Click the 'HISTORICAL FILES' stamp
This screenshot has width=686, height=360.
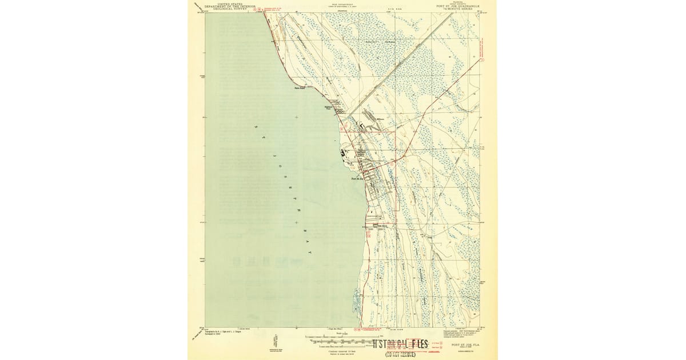click(400, 344)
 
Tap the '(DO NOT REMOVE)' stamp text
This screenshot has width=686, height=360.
click(400, 354)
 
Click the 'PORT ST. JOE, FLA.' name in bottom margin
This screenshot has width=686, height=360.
click(465, 345)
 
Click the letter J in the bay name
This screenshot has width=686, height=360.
click(274, 155)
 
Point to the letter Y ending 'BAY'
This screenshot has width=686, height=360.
click(310, 251)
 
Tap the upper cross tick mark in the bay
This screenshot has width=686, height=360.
click(296, 117)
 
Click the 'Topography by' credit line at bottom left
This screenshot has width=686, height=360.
click(222, 333)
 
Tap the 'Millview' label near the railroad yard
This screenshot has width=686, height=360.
click(382, 119)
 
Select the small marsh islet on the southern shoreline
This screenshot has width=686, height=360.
click(357, 297)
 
